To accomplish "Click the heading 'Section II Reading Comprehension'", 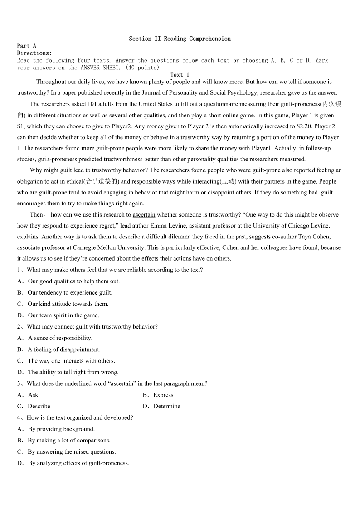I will point(180,39).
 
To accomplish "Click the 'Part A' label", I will point(26,46).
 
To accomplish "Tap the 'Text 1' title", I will point(180,75).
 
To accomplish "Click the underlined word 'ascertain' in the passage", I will point(144,215).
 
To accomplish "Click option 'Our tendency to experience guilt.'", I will point(70,293).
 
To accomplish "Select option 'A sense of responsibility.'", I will point(60,338).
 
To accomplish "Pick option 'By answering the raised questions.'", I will point(72,451).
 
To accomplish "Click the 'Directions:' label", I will point(34,53).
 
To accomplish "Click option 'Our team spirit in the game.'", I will point(63,315).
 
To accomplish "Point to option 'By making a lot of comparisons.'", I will point(69,440).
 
